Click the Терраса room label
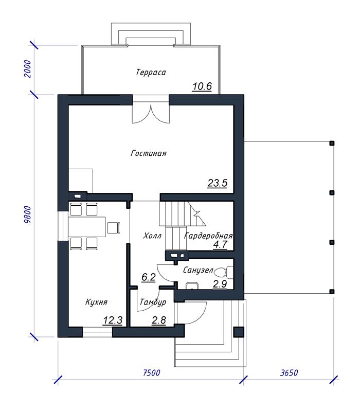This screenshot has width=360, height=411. [151, 73]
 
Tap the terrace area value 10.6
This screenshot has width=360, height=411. [202, 86]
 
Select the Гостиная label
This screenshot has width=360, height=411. [149, 153]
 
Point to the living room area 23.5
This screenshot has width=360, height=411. [218, 183]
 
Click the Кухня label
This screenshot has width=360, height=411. [96, 302]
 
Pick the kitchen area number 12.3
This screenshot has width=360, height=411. [113, 320]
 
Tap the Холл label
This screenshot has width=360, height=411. [152, 236]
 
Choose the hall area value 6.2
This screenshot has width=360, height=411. [149, 277]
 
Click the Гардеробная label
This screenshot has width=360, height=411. [209, 236]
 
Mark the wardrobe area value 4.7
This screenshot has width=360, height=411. [220, 244]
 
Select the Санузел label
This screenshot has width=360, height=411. [198, 270]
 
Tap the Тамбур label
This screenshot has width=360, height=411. [153, 302]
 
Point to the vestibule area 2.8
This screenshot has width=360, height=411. [159, 320]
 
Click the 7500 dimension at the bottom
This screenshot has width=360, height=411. [151, 372]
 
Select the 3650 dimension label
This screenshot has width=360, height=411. [289, 372]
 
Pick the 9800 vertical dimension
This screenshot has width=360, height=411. [27, 215]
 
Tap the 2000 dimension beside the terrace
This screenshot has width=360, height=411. [27, 69]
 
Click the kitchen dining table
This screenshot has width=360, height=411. [87, 227]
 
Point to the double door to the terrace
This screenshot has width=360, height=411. [151, 113]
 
